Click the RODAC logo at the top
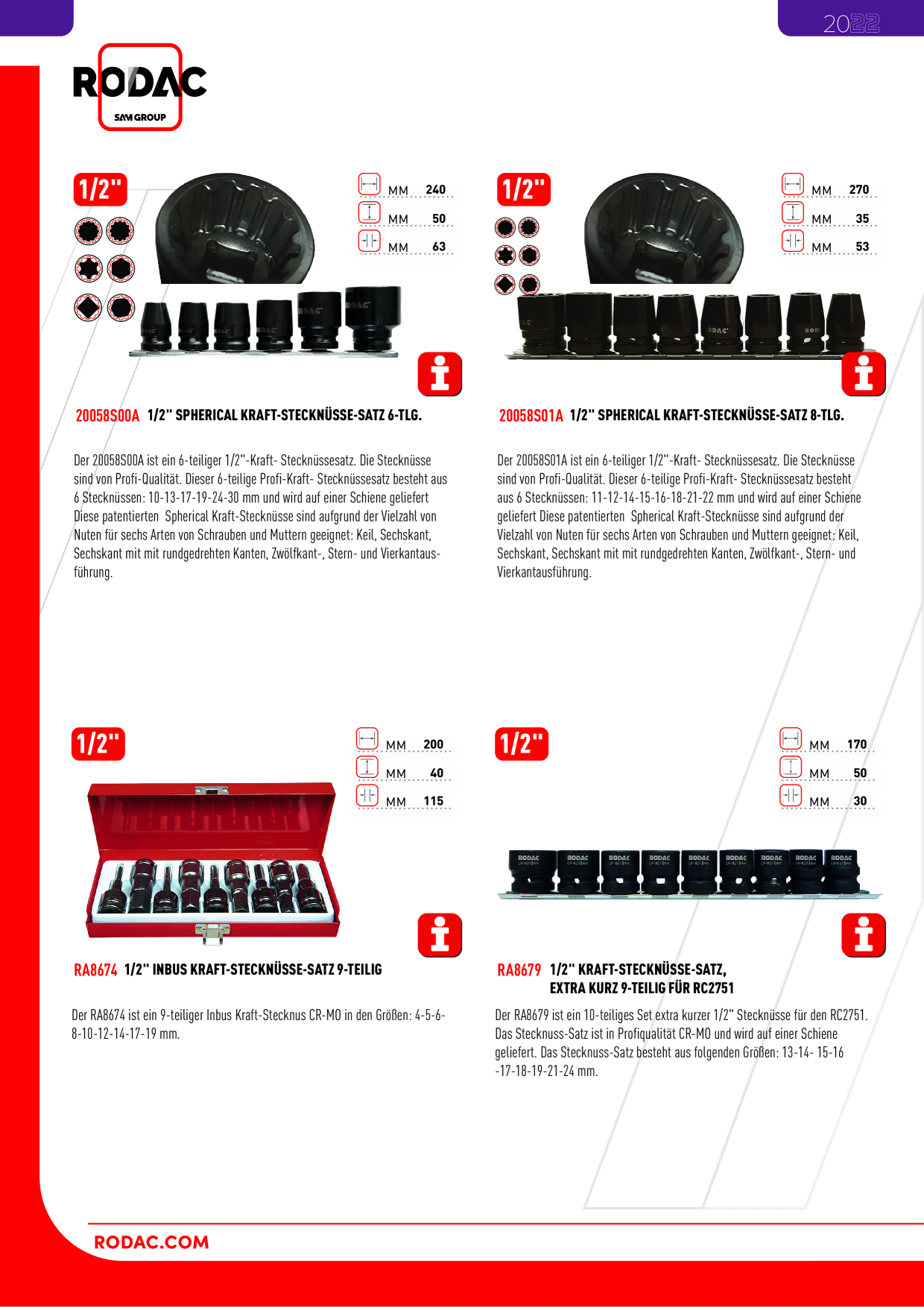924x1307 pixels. [139, 86]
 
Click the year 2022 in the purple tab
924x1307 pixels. [851, 24]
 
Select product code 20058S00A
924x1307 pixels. [107, 416]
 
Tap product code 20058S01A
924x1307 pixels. [531, 416]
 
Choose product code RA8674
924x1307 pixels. [95, 970]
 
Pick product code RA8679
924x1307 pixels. [519, 970]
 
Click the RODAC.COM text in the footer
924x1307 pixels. [151, 1242]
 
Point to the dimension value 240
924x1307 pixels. [435, 190]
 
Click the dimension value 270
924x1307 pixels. [858, 190]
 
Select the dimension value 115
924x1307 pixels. [433, 801]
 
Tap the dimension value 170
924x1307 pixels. [856, 744]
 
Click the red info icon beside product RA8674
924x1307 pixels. [440, 934]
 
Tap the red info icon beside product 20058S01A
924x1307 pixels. [863, 374]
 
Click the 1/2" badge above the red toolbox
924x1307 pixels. [98, 744]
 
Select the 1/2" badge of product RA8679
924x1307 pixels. [522, 744]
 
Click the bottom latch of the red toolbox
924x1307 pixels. [212, 931]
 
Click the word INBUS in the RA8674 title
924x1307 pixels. [170, 969]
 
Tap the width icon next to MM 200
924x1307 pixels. [367, 738]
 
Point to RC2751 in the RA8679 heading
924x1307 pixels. [713, 988]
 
